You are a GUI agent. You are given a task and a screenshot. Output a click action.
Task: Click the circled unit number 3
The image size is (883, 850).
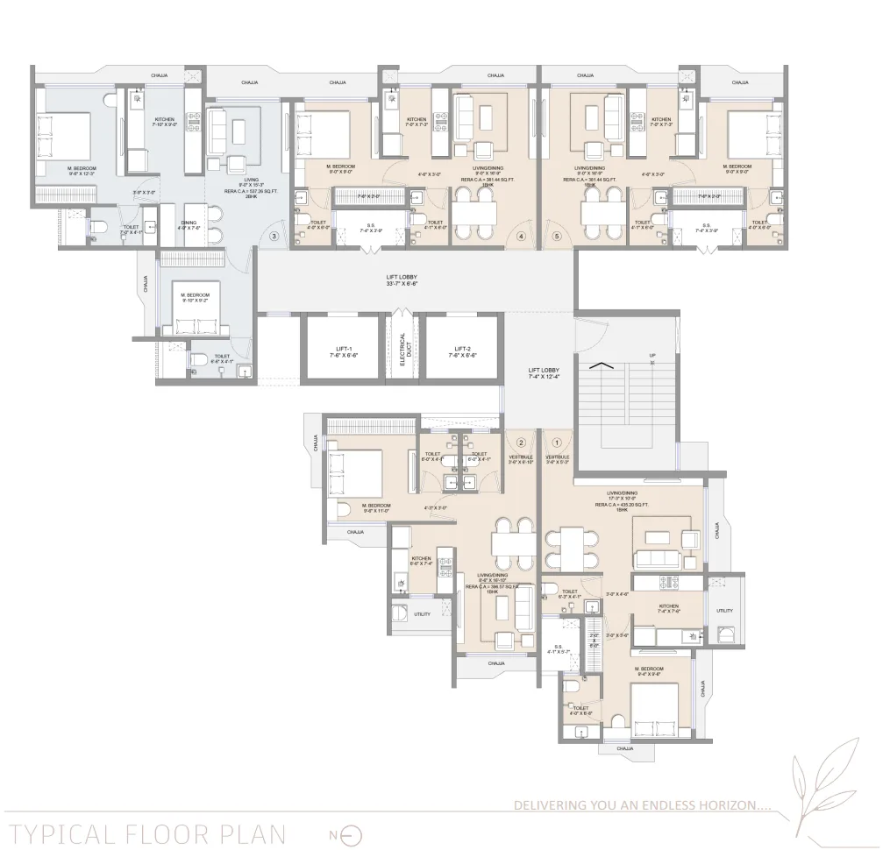pyautogui.click(x=274, y=236)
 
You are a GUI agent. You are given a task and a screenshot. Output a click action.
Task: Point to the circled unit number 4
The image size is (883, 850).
pyautogui.click(x=521, y=236)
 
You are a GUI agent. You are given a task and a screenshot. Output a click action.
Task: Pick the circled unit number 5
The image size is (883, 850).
pyautogui.click(x=556, y=236)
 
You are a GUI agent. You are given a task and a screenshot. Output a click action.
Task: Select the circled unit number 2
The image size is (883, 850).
pyautogui.click(x=521, y=443)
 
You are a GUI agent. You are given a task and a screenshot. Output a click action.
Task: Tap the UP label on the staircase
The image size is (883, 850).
pyautogui.click(x=652, y=356)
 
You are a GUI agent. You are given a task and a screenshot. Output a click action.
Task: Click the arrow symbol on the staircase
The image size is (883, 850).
pyautogui.click(x=600, y=367)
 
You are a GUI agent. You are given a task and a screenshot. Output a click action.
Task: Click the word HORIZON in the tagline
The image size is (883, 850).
pyautogui.click(x=736, y=804)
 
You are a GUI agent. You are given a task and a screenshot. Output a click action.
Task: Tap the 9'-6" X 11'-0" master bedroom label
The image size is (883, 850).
pyautogui.click(x=377, y=511)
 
